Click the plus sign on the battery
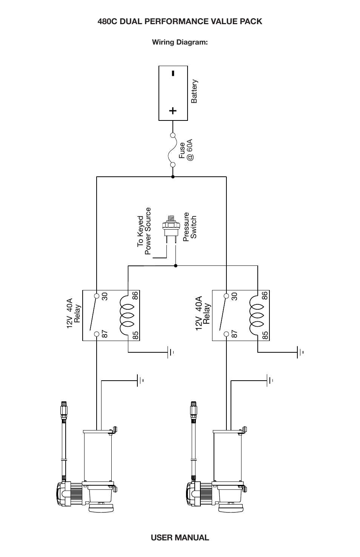[173, 111]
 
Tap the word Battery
[194, 91]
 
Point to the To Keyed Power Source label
[144, 231]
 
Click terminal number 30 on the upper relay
[105, 296]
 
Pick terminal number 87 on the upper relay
[105, 334]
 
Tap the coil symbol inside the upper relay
[128, 315]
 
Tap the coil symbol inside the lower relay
[257, 315]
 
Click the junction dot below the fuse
[173, 176]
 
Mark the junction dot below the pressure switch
[175, 265]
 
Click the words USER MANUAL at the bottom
[180, 537]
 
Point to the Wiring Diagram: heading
[180, 42]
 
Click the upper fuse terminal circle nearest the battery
[173, 135]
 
